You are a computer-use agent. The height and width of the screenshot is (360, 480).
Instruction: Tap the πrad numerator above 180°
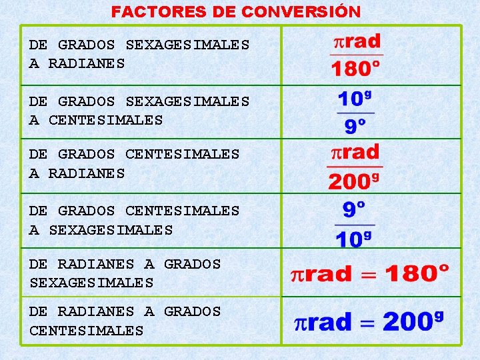(357, 41)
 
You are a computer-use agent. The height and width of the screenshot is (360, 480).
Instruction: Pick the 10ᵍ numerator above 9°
(354, 100)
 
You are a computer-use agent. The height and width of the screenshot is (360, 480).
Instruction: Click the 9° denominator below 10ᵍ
(355, 127)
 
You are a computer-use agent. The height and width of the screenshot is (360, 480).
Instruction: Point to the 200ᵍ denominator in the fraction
(354, 181)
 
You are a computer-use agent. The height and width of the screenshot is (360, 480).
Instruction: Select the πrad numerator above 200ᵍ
(355, 151)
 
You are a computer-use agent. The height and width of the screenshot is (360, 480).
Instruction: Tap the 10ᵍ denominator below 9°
(354, 239)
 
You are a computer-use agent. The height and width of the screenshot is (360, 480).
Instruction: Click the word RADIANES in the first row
(87, 64)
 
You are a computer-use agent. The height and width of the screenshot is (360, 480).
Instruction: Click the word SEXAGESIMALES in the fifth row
(91, 283)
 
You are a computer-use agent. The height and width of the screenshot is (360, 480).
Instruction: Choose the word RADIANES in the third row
(87, 174)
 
